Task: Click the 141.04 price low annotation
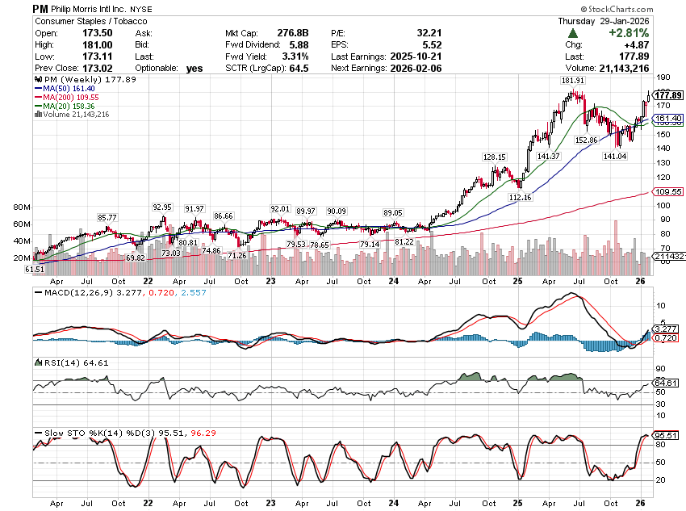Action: (615, 156)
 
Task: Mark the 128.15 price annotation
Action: (494, 157)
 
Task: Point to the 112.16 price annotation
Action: (521, 198)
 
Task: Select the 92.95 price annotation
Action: (162, 207)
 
